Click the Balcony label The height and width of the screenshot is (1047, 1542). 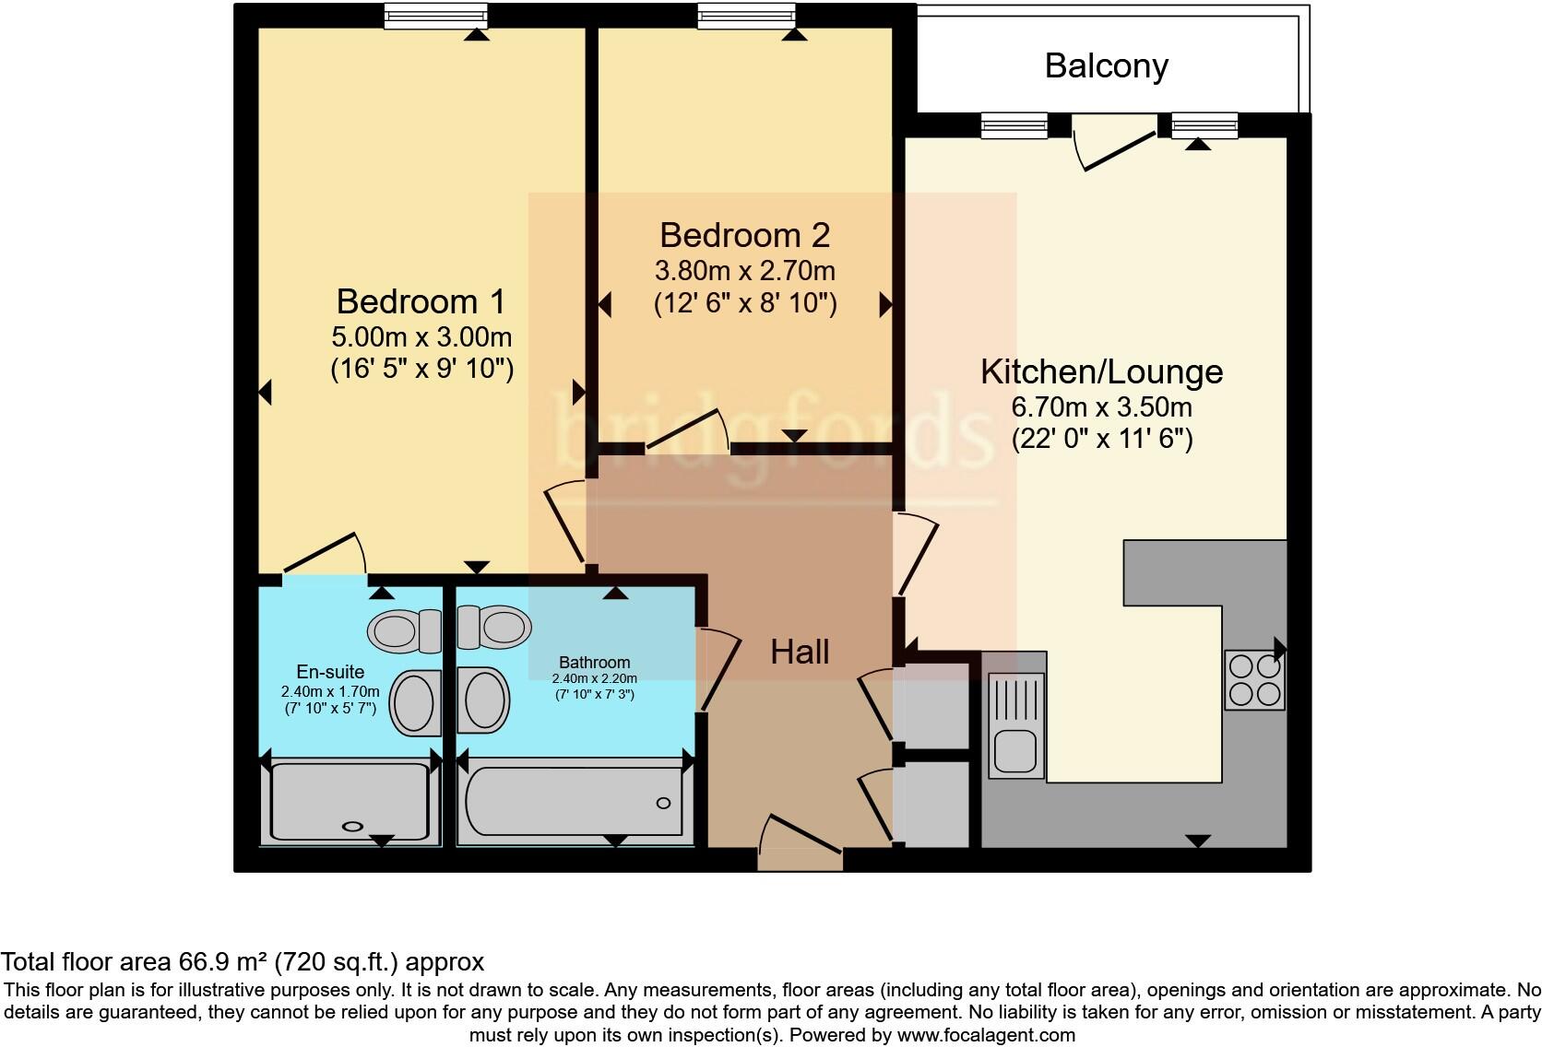coord(1106,66)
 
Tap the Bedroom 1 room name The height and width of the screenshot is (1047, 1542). coord(421,301)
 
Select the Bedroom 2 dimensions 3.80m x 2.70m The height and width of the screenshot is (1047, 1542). coord(744,271)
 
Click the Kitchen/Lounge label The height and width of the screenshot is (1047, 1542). coord(1101,371)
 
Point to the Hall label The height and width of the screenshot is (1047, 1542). coord(800,653)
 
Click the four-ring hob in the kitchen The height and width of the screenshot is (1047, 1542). coord(1254,680)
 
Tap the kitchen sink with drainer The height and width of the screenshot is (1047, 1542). coord(1015,724)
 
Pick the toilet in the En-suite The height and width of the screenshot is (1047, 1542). coord(405,631)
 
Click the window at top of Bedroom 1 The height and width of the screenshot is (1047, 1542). coord(435,17)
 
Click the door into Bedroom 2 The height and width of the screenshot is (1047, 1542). coord(687,431)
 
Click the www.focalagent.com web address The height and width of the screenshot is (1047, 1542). coord(985,1035)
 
